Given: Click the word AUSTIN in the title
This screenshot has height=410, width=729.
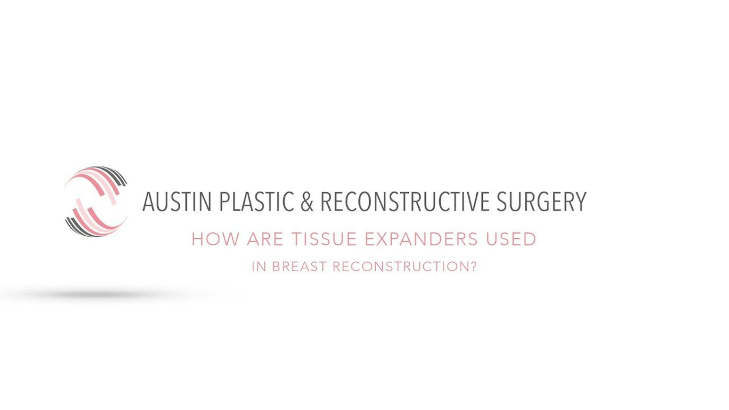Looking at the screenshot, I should click(177, 202).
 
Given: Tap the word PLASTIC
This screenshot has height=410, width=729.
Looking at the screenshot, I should click(256, 202).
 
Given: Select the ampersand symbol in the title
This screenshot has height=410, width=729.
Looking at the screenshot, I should click(307, 202).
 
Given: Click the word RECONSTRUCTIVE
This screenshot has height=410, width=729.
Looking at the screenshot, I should click(405, 202).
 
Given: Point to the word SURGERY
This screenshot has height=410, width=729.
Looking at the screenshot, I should click(541, 202).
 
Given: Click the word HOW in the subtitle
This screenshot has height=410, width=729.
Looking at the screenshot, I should click(215, 239).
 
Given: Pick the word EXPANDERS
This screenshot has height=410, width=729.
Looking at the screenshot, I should click(421, 239).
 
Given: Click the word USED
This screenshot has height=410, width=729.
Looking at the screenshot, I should click(511, 239).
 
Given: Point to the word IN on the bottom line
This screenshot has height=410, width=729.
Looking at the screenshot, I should click(259, 267).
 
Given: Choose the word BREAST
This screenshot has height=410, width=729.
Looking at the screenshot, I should click(299, 267).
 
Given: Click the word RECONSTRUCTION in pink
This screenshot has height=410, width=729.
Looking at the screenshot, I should click(401, 267).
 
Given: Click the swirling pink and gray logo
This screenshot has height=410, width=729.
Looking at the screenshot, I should click(96, 201).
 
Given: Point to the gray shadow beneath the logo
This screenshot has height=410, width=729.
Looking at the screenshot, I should click(101, 295).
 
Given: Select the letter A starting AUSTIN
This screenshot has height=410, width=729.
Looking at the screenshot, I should click(148, 202).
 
